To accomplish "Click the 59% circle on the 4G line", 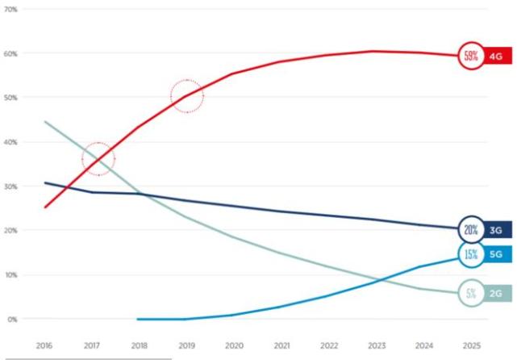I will [470, 56].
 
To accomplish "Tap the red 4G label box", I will [495, 56].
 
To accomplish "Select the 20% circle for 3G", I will [470, 230].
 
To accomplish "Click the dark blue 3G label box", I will [495, 230].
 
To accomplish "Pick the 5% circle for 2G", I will [470, 294].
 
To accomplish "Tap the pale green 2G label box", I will [495, 294].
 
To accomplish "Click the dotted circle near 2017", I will [98, 159].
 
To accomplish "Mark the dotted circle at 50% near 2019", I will [187, 97].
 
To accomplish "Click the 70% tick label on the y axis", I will [12, 9].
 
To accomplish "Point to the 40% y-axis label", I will [12, 142].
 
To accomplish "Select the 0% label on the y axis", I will [12, 319].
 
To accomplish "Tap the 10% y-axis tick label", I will [12, 274].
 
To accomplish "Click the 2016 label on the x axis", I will [45, 344].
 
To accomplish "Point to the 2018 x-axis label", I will [139, 344].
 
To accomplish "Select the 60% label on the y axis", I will [12, 53].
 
